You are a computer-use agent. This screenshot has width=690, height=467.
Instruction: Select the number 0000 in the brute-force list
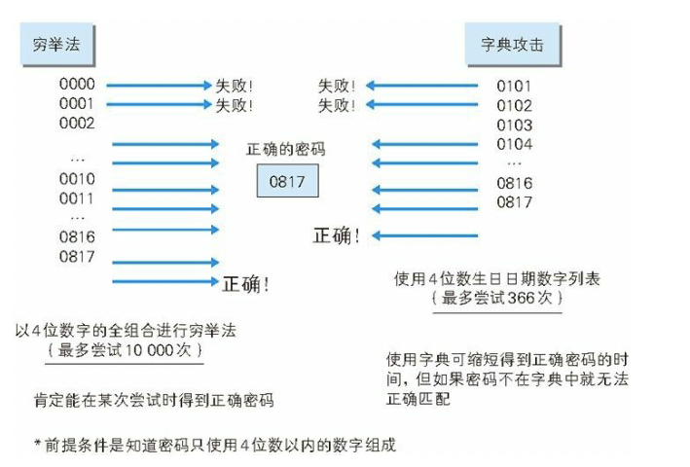tap(78, 85)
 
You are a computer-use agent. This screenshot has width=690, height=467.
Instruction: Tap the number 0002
tap(78, 123)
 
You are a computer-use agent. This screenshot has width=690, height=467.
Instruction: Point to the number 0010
tap(78, 179)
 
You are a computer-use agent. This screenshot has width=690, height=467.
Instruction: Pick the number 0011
tap(78, 198)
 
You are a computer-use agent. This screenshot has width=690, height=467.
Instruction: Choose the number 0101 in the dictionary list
tap(515, 87)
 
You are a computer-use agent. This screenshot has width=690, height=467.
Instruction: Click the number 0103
tap(515, 126)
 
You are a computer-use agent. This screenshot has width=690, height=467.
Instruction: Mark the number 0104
tap(515, 144)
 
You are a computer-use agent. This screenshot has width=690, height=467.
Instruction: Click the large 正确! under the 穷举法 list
tap(246, 284)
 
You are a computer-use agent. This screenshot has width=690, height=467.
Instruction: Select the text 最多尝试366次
tap(497, 299)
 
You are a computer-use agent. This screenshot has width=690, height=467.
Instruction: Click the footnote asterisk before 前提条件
tap(36, 446)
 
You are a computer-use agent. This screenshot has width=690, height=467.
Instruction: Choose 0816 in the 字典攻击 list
tap(515, 183)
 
